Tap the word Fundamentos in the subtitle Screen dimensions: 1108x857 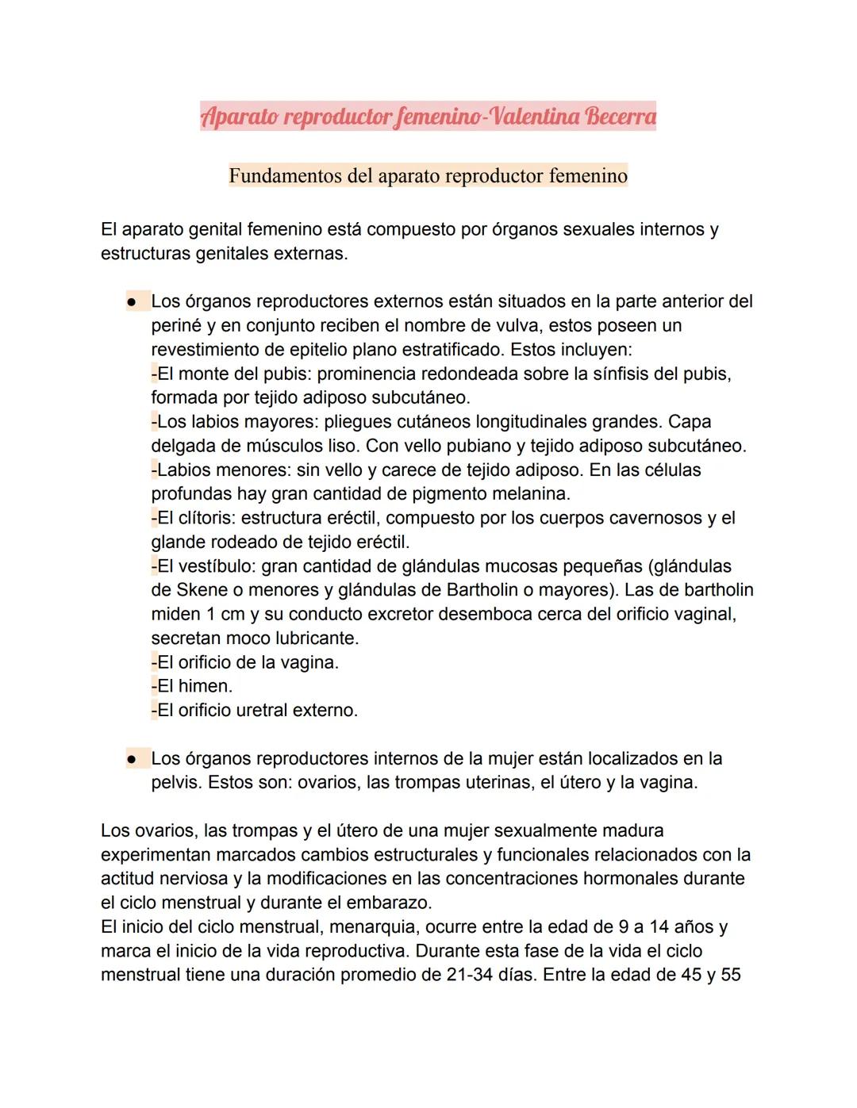[x=285, y=175]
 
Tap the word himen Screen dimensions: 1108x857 [x=205, y=686]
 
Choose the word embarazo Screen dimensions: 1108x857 [x=389, y=903]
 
